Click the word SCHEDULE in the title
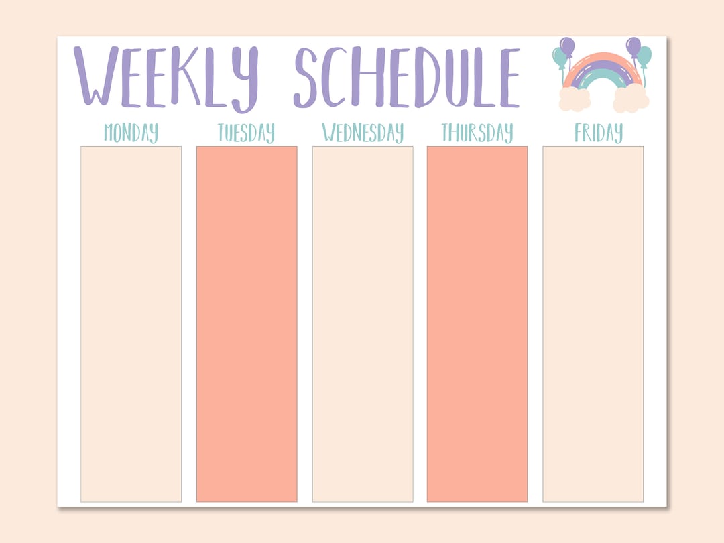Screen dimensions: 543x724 [406, 77]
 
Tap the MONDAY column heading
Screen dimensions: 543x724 [131, 133]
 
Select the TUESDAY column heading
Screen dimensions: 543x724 [246, 133]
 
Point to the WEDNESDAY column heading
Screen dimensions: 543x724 [363, 133]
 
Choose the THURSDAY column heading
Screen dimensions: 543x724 [477, 133]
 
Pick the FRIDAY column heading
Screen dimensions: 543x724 [598, 133]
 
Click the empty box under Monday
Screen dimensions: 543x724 [131, 324]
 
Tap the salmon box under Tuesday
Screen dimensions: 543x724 [247, 324]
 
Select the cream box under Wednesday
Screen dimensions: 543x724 [363, 324]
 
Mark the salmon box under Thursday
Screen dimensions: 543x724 [477, 324]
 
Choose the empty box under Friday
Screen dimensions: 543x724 [593, 324]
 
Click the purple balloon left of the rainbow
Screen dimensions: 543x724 [567, 46]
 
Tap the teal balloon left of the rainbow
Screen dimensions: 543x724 [559, 58]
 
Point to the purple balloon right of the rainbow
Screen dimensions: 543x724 [633, 46]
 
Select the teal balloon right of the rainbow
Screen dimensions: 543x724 [644, 56]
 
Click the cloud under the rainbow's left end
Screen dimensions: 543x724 [575, 99]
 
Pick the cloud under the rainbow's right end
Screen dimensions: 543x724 [631, 99]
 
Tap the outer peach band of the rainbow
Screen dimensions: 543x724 [603, 57]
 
